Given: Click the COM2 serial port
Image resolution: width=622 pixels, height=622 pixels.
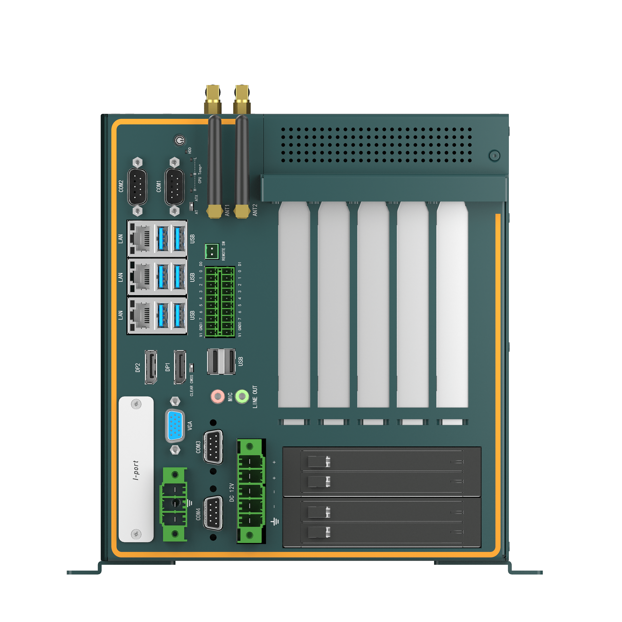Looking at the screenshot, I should [x=137, y=186].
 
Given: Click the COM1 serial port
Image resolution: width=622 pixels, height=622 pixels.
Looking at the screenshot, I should [x=174, y=186].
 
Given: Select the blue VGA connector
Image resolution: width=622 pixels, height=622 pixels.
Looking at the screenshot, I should [x=175, y=426].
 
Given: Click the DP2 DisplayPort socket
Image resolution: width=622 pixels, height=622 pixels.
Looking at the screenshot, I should [x=151, y=367].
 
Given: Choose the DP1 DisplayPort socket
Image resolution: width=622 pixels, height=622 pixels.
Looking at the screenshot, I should [x=180, y=367].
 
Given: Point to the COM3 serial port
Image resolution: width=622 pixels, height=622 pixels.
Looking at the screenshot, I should [x=213, y=447].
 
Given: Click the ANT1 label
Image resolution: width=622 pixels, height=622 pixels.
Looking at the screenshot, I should [x=227, y=210].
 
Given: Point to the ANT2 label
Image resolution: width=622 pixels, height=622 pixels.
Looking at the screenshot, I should [x=255, y=210].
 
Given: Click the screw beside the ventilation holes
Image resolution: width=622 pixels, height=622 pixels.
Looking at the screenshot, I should [x=494, y=155].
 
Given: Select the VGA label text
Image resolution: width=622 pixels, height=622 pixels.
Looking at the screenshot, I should [x=190, y=426].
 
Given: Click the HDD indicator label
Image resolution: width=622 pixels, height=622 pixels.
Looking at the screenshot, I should [x=190, y=150].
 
